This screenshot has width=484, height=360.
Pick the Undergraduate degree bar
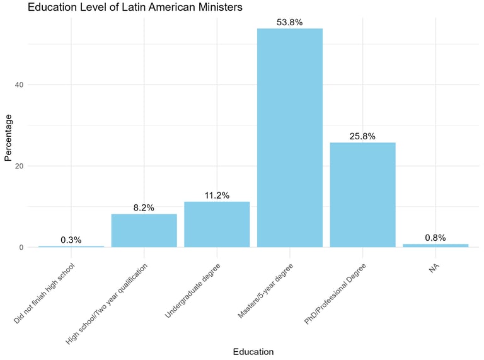[217, 224]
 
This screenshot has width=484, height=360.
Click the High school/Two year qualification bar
[144, 230]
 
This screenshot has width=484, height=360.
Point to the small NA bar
[435, 245]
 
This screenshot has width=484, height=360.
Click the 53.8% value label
[290, 22]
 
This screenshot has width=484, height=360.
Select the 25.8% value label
[363, 136]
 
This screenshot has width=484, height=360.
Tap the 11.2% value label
[217, 195]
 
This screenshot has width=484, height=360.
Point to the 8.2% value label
[144, 207]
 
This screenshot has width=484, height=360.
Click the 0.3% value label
[71, 240]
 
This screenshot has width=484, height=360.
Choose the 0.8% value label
[435, 238]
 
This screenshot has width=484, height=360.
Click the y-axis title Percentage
[8, 138]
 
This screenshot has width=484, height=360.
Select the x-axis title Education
[253, 351]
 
